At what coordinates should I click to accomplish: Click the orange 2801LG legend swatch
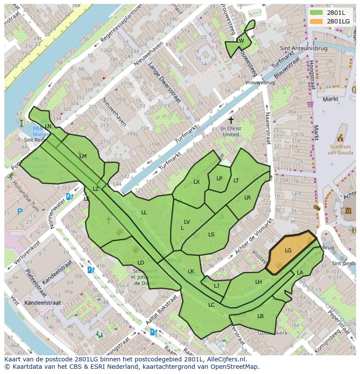(317, 21)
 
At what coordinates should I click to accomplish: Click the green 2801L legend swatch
(317, 13)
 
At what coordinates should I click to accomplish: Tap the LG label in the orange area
(288, 251)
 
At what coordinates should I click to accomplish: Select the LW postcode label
(240, 41)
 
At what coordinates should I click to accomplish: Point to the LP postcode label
(220, 179)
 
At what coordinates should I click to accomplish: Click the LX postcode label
(197, 182)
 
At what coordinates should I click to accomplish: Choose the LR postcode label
(247, 198)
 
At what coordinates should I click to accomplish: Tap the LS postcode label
(211, 235)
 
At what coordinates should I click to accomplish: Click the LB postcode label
(260, 316)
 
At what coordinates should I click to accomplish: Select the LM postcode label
(83, 156)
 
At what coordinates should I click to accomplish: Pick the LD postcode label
(140, 263)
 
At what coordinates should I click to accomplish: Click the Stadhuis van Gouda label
(340, 150)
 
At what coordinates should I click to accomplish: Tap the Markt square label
(330, 99)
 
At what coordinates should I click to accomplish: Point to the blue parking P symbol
(20, 212)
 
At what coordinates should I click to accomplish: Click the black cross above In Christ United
(231, 120)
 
